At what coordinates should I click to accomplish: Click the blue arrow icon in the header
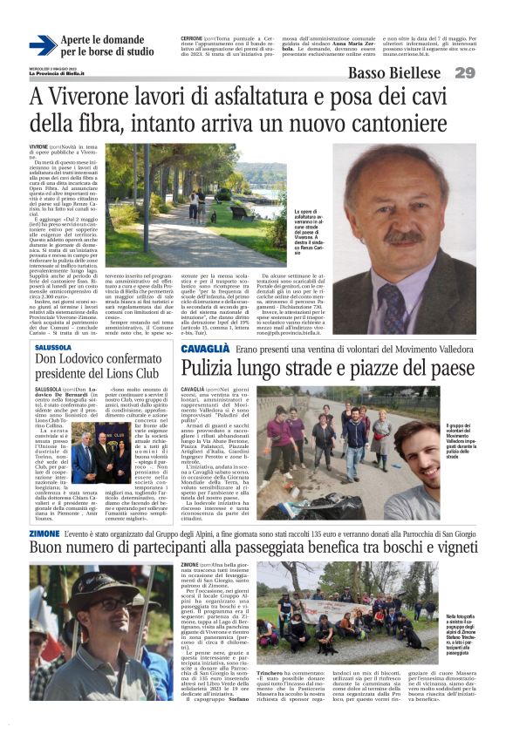click(x=43, y=45)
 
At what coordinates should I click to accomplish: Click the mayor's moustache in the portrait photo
click(x=407, y=235)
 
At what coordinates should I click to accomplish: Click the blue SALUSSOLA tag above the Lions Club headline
click(x=53, y=347)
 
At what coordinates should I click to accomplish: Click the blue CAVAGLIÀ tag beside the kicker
click(x=206, y=349)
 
